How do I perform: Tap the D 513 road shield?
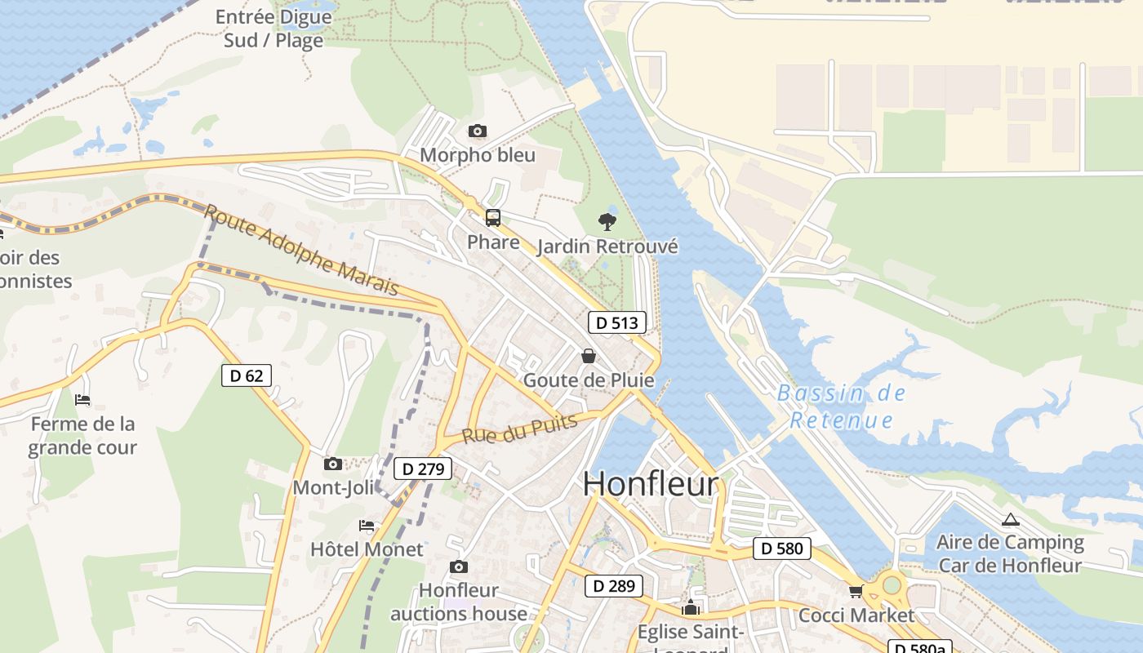617,322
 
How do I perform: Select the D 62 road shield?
247,375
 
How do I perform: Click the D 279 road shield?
423,469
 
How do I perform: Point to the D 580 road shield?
782,549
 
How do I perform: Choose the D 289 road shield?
614,585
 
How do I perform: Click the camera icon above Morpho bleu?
478,131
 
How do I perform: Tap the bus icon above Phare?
493,218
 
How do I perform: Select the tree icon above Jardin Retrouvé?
607,220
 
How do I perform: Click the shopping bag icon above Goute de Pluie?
588,356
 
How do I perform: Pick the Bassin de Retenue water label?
841,406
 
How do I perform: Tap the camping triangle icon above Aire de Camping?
1011,519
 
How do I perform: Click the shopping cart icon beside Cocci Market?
856,591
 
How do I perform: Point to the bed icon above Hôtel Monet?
367,525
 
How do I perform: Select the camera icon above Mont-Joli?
332,464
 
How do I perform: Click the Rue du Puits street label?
520,429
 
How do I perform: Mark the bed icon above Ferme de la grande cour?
82,399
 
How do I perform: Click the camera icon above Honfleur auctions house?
459,566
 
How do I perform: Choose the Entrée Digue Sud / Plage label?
274,29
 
